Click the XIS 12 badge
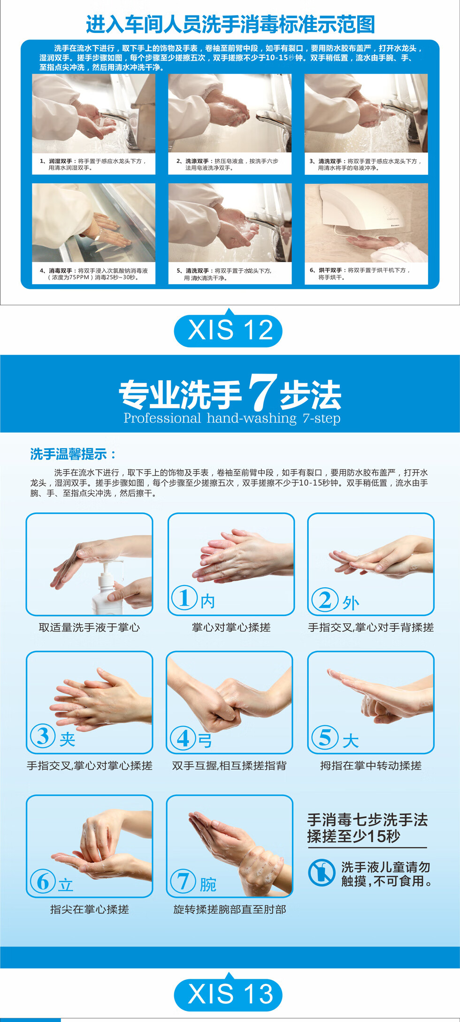pos(229,330)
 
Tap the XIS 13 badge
pos(229,994)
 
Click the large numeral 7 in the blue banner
pos(261,391)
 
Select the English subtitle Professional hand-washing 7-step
pos(232,418)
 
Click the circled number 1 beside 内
pos(184,598)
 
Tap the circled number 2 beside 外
pos(325,600)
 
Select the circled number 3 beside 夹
pos(43,736)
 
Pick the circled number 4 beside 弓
pos(183,738)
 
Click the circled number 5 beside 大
pos(325,737)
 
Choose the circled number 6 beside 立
pos(43,881)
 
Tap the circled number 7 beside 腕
pos(183,881)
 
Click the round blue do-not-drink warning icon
pos(322,873)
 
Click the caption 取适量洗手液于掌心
pos(89,628)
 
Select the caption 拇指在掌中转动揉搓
pos(371,766)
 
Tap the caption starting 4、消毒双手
pos(93,274)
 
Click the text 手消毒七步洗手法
pos(367,820)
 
